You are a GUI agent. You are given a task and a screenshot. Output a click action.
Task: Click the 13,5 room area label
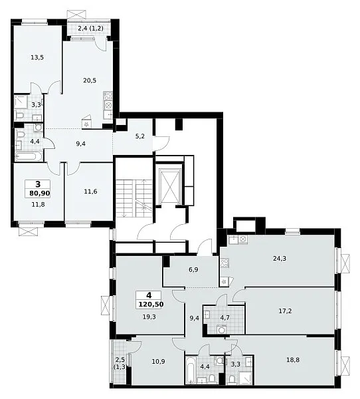click(37, 57)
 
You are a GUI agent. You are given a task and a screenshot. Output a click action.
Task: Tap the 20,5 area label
click(90, 80)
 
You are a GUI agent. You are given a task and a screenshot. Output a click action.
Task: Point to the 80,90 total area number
click(40, 194)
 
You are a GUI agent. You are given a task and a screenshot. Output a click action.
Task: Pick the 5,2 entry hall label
click(140, 136)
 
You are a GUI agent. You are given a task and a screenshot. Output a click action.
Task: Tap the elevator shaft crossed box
click(169, 186)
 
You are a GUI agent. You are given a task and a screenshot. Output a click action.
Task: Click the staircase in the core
click(134, 198)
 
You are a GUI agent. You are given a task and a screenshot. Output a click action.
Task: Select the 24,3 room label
click(280, 259)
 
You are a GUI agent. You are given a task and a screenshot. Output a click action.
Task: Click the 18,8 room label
click(293, 360)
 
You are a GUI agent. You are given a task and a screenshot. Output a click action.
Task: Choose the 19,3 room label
click(149, 317)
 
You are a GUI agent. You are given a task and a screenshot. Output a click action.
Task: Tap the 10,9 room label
click(158, 361)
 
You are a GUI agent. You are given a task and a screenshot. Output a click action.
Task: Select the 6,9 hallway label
click(193, 270)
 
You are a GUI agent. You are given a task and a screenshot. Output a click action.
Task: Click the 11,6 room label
click(90, 192)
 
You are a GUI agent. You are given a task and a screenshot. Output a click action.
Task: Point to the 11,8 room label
click(38, 204)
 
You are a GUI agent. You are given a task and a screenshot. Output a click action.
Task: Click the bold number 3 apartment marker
click(38, 184)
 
